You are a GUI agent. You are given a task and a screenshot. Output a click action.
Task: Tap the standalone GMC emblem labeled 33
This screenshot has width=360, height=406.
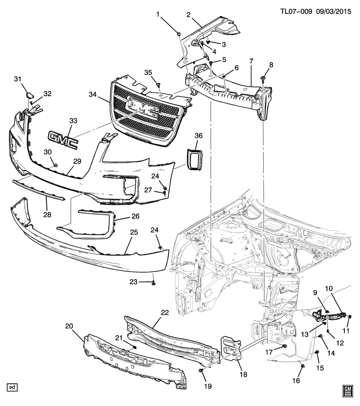[63, 139]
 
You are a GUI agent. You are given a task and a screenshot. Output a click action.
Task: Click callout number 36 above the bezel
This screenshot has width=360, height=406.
[199, 135]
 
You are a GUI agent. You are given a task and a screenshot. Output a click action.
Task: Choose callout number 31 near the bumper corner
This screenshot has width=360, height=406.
[17, 79]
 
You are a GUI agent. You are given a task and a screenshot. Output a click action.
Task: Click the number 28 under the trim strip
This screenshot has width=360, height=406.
[47, 215]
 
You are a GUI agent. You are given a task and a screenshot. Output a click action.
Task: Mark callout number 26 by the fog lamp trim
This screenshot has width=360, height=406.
[135, 216]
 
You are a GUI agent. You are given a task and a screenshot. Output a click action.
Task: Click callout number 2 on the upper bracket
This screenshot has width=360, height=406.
[188, 15]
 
